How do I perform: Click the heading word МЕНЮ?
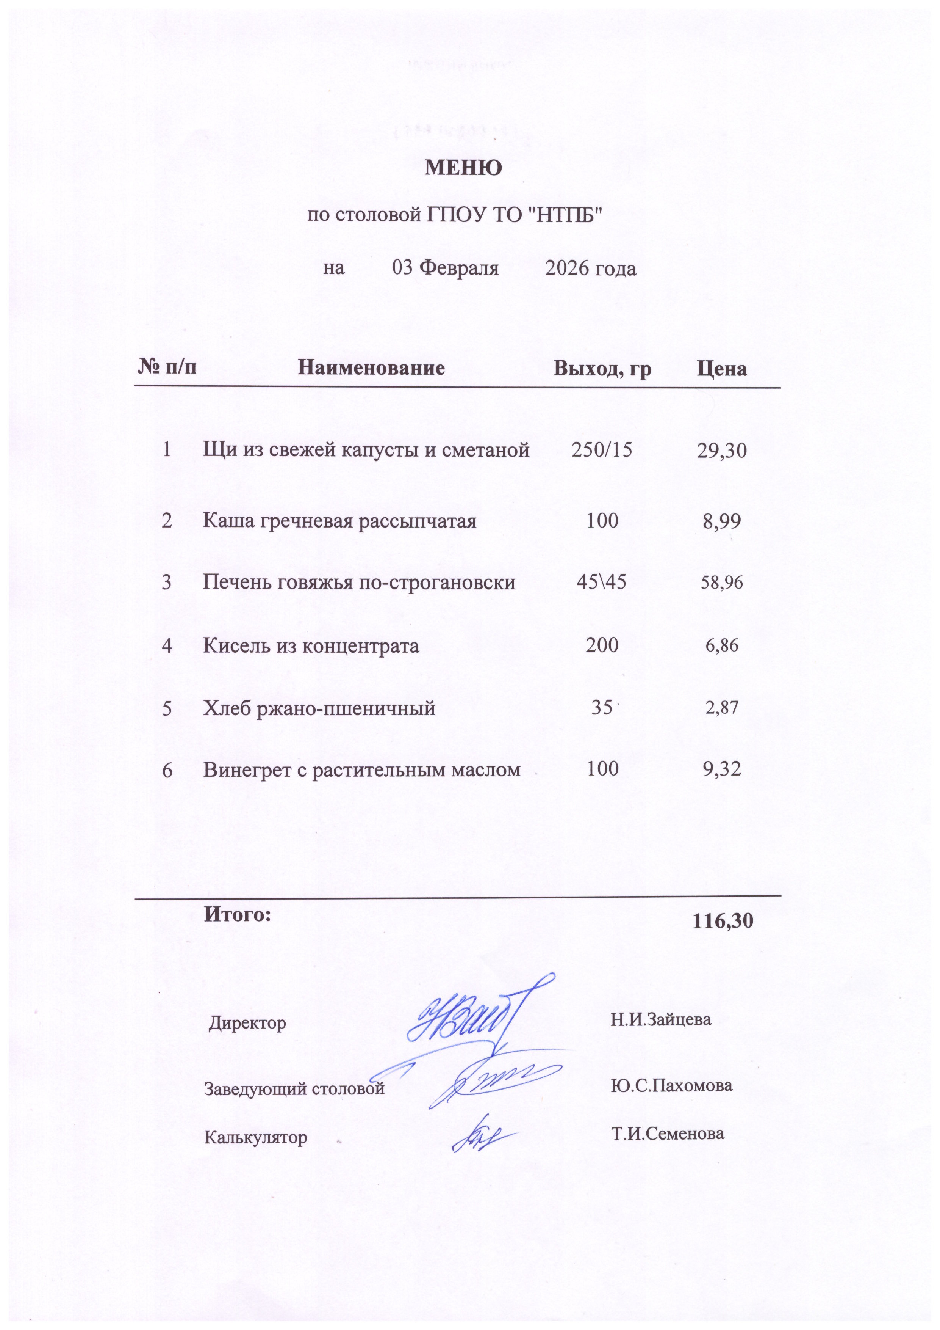click(464, 168)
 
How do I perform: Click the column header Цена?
click(721, 369)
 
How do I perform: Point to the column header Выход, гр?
click(602, 368)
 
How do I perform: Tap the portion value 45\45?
click(601, 582)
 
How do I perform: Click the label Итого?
click(237, 914)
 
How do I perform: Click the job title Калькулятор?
click(256, 1137)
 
